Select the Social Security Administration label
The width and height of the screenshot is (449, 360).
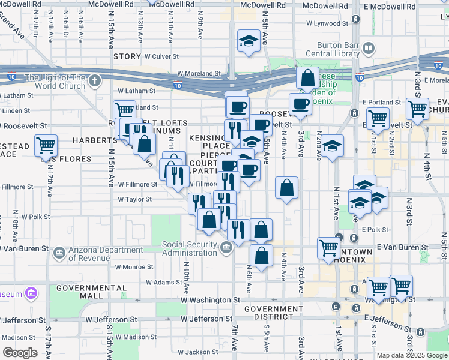coord(189,248)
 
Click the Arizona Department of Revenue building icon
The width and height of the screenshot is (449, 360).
coord(59,253)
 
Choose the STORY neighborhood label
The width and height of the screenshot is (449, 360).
coord(127,56)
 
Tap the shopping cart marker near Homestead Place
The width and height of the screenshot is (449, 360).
coord(46,145)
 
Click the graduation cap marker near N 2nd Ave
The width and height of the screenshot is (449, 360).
coord(331,146)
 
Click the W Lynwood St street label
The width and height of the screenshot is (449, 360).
coord(327,24)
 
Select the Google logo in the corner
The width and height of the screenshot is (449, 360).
coord(20,353)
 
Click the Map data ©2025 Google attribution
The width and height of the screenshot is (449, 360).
coord(412,355)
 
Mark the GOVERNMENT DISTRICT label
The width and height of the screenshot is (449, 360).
coord(273,313)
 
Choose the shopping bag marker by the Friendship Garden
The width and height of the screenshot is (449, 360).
coord(307,78)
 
